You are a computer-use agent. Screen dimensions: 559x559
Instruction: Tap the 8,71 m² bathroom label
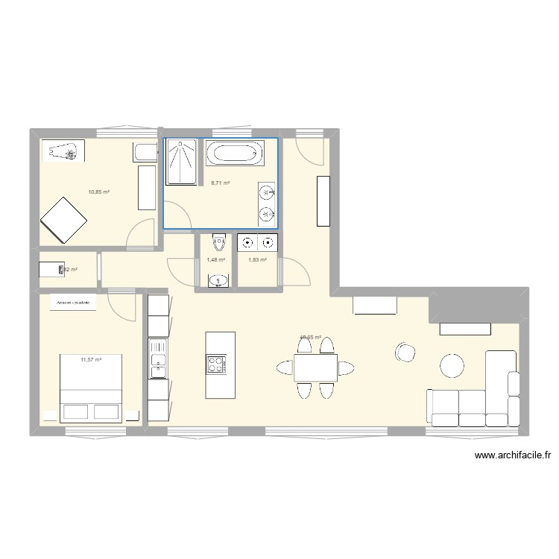point(221,183)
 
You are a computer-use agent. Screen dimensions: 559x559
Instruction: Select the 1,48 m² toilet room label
point(215,259)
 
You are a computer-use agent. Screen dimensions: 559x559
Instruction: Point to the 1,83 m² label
point(257,259)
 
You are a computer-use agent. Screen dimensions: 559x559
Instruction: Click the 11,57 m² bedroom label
point(91,360)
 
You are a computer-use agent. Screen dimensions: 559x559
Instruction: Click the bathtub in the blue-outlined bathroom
point(234,155)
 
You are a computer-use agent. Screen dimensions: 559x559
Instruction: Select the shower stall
point(181,162)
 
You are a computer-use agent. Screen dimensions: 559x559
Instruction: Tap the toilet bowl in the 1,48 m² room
point(218,242)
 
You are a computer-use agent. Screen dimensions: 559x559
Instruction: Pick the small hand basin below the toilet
point(217,280)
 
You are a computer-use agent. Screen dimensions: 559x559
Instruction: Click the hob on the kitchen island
point(215,364)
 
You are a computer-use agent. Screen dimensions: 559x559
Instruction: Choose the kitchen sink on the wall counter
point(158,363)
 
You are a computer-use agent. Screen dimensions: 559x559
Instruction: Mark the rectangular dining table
point(315,367)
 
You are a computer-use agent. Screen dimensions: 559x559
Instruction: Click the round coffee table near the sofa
point(452,364)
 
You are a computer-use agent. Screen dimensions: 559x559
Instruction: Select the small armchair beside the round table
point(405,352)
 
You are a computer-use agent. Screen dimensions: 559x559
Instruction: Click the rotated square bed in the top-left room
point(64,220)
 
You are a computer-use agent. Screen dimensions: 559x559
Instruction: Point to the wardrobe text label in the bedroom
point(73,303)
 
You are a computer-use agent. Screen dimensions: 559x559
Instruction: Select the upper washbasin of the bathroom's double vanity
point(266,194)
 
